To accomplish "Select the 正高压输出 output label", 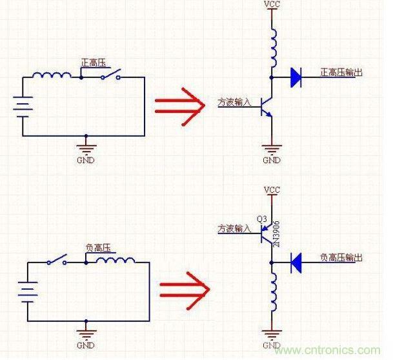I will [341, 72].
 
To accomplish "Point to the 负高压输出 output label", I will [341, 257].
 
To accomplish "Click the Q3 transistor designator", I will [261, 219].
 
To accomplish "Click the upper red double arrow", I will [179, 103].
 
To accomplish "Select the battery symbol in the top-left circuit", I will [23, 106].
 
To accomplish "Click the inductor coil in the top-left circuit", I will [52, 75].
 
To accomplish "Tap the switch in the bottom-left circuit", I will [57, 261].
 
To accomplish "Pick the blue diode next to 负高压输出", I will [296, 262].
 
